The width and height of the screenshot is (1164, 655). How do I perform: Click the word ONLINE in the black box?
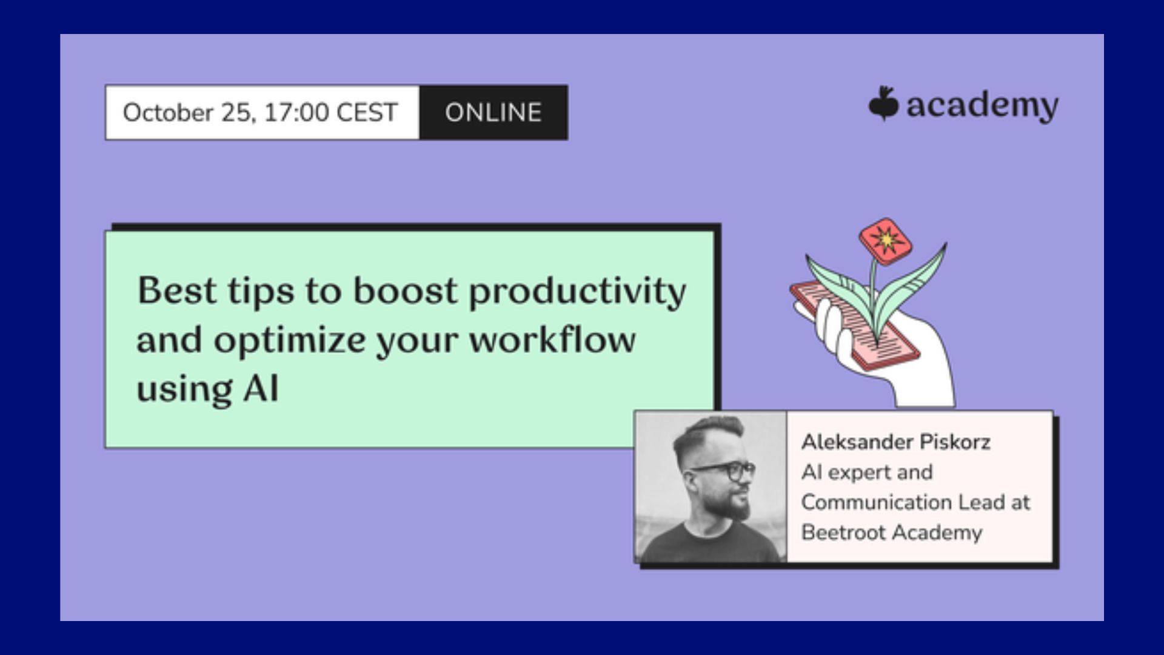click(x=493, y=112)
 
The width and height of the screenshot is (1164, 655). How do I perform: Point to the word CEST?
click(x=367, y=112)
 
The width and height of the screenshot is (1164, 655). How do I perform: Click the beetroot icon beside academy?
click(x=883, y=104)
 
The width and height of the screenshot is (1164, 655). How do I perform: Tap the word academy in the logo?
click(x=982, y=107)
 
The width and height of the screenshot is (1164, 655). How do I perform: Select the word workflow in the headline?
click(x=552, y=339)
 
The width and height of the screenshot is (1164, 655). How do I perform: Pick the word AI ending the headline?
click(x=261, y=388)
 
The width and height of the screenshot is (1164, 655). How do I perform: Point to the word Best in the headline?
click(x=176, y=291)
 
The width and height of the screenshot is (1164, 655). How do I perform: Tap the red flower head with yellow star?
click(x=886, y=241)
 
